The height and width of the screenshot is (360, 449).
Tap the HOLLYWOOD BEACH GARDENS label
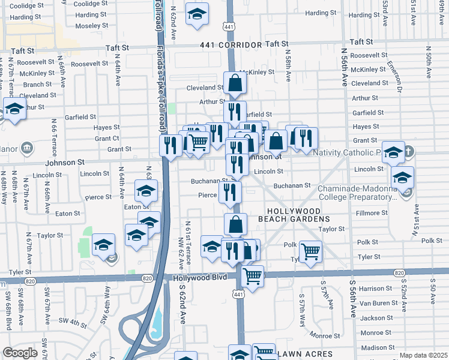click(299, 216)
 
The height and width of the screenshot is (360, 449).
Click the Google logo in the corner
click(20, 352)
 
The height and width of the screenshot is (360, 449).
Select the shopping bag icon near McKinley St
click(235, 83)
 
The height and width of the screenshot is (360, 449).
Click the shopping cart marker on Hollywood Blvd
click(253, 277)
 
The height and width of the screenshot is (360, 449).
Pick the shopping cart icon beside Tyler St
click(310, 251)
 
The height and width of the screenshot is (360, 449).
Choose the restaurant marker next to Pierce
click(230, 192)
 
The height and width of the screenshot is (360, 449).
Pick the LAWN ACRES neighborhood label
click(305, 355)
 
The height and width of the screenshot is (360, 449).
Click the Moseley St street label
click(91, 26)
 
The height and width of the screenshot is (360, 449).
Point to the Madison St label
click(376, 347)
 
